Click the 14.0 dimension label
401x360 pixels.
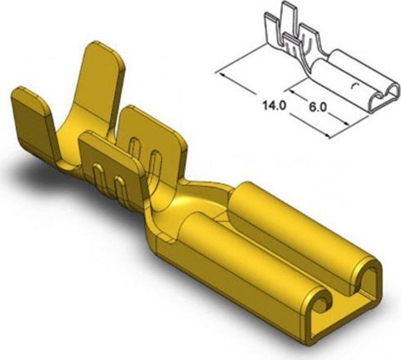[x=275, y=106]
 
